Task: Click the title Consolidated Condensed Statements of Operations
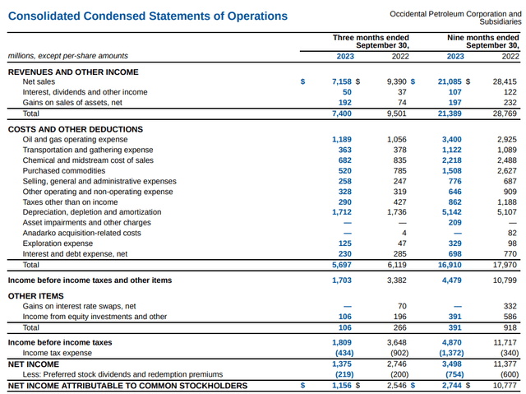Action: coord(148,16)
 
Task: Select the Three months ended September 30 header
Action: coord(371,41)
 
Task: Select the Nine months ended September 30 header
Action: coord(482,41)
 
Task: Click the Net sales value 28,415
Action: coord(505,81)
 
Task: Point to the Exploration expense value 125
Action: coord(345,243)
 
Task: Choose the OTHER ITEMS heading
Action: coord(35,294)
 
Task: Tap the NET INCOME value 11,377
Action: coord(505,364)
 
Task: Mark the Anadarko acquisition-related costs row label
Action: coord(81,232)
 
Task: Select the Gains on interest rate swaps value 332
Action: coord(510,306)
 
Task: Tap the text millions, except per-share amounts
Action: coord(67,56)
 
